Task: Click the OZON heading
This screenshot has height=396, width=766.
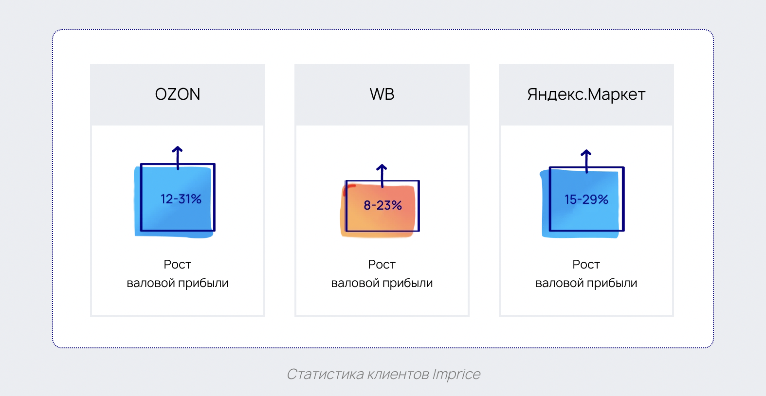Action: click(x=178, y=94)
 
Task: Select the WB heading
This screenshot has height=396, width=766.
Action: click(x=382, y=94)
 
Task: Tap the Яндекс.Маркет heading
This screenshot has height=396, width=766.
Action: click(x=586, y=94)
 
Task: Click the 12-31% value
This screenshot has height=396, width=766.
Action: click(x=181, y=199)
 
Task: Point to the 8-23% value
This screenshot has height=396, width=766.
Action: click(x=383, y=205)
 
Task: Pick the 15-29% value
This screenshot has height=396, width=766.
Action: click(x=586, y=199)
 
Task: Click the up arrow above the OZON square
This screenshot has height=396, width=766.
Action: click(x=178, y=158)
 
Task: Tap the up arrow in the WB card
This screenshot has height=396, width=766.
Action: click(x=382, y=176)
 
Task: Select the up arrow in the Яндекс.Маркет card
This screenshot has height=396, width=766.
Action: click(x=586, y=161)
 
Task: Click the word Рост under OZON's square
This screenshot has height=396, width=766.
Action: click(x=177, y=264)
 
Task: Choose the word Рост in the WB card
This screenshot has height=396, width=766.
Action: click(x=382, y=264)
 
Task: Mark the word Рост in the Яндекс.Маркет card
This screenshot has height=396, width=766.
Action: click(x=586, y=264)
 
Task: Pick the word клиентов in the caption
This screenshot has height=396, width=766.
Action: click(x=398, y=374)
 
